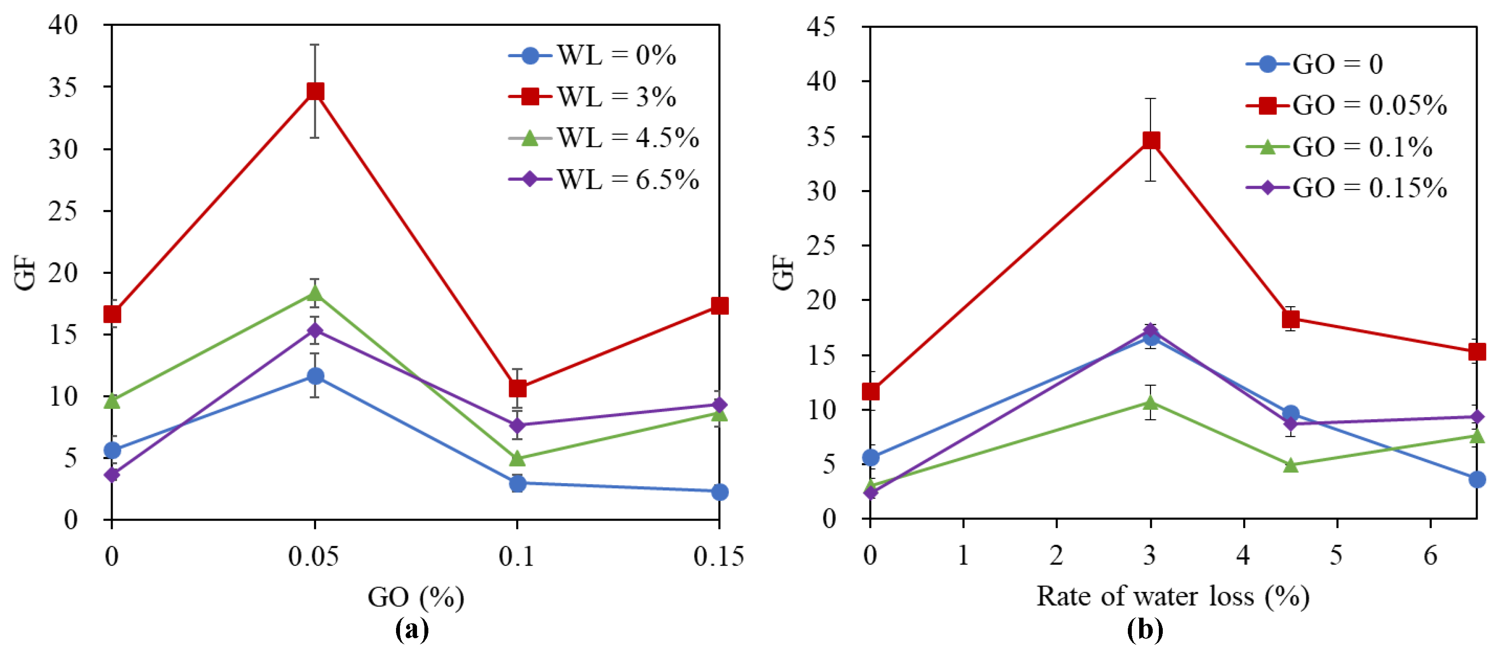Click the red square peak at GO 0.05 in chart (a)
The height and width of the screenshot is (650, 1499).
click(315, 91)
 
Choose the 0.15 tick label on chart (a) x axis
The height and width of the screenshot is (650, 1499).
click(718, 557)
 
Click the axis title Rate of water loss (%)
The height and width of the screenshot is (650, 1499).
click(1172, 596)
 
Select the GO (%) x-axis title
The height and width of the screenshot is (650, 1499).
click(416, 597)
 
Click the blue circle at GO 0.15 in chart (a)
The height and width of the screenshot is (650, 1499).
click(719, 492)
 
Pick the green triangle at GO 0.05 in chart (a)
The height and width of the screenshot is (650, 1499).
click(315, 293)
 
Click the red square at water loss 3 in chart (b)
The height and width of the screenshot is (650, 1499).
click(1151, 141)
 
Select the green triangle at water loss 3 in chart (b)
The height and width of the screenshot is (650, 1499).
click(1151, 402)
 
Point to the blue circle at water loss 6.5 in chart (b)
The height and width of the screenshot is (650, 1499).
click(1476, 480)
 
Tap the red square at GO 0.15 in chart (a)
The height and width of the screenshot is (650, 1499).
click(719, 305)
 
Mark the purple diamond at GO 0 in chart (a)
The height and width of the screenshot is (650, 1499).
click(112, 474)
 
